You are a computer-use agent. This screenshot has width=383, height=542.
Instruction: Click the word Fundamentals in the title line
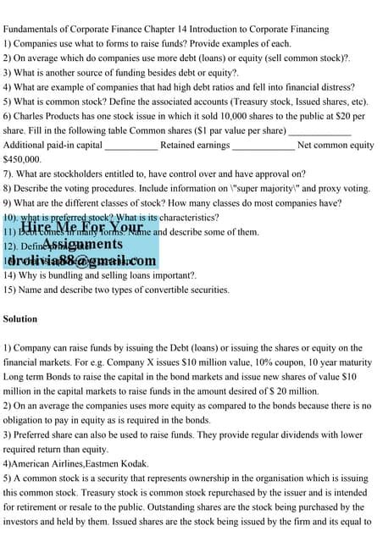pos(31,29)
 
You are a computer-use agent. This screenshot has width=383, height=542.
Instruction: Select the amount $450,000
pos(23,159)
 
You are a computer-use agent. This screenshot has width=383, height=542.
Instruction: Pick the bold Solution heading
pos(21,319)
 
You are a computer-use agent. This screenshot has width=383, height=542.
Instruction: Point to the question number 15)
pos(10,290)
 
